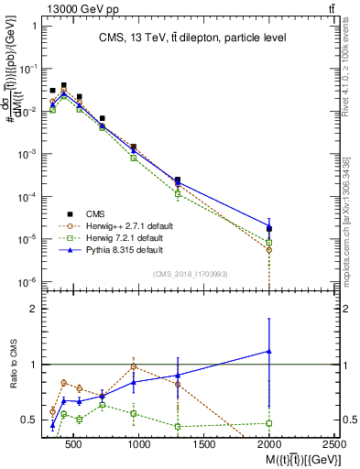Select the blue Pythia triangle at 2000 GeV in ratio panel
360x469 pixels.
coord(268,351)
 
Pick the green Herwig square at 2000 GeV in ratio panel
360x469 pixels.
coord(268,422)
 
